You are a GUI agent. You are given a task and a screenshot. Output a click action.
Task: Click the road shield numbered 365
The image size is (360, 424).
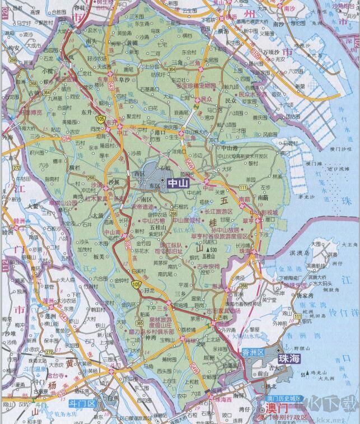(x=138, y=323)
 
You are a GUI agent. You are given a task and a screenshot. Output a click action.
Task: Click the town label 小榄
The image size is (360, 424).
(x=47, y=71)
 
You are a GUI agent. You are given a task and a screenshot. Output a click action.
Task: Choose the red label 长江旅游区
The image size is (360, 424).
(x=219, y=211)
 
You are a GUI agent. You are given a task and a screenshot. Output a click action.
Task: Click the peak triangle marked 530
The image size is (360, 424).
(x=207, y=250)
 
